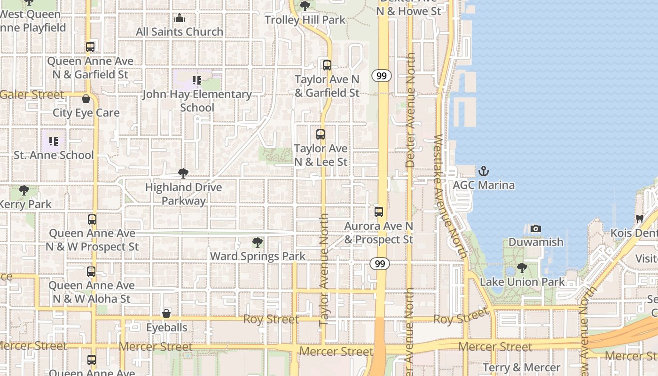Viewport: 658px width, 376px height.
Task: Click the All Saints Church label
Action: pos(180,32)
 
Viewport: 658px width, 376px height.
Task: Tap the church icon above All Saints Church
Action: pos(180,19)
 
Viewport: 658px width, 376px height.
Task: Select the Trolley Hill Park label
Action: pos(305,20)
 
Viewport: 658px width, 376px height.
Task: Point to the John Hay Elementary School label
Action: pos(197,101)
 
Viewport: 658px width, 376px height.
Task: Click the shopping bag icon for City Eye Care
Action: pos(86,99)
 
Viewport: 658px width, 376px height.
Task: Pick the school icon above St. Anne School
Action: pos(54,141)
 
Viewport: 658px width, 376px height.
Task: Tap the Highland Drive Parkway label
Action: pos(183,194)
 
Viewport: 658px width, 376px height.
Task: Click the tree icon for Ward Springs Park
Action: pos(257,243)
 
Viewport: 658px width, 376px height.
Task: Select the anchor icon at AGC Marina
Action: pos(484,171)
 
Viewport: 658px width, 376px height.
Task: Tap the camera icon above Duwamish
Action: pos(535,229)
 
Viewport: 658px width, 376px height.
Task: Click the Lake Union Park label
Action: pos(522,282)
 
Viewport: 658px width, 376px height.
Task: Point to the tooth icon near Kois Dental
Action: pos(639,219)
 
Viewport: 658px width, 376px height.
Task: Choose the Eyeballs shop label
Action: pos(167,328)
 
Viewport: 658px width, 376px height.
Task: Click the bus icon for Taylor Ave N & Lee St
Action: pos(321,134)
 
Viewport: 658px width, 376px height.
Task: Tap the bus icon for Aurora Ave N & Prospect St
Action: pos(379,212)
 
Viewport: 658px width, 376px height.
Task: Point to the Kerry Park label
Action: pos(26,204)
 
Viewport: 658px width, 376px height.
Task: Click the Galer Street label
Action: pos(32,95)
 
